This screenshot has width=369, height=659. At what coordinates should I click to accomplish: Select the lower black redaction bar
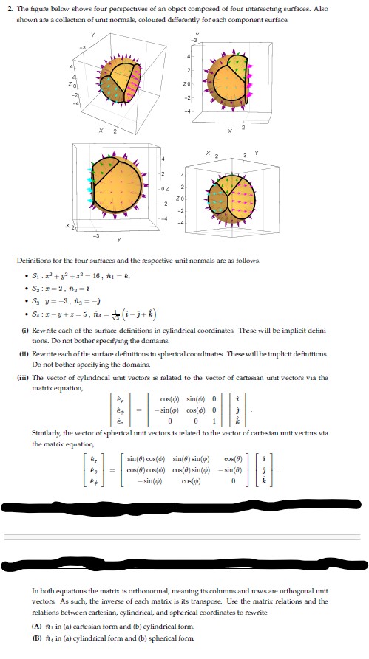(186, 571)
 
